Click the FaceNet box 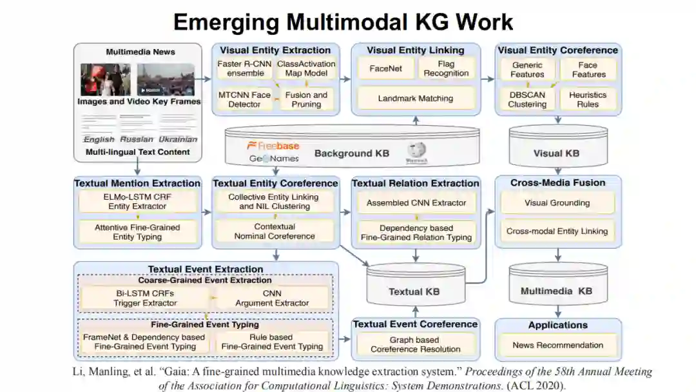[x=383, y=68]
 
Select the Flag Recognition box [x=446, y=68]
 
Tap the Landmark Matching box [x=415, y=99]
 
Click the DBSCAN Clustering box [x=527, y=99]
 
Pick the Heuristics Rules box [x=588, y=99]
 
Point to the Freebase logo [x=274, y=146]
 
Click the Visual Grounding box [x=556, y=202]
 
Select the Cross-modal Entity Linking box [x=556, y=231]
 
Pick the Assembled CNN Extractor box [x=416, y=202]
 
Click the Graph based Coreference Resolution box [x=415, y=344]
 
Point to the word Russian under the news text [x=137, y=139]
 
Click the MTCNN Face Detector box [x=244, y=99]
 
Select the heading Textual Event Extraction [x=206, y=269]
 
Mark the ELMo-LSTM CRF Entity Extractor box [x=137, y=202]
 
